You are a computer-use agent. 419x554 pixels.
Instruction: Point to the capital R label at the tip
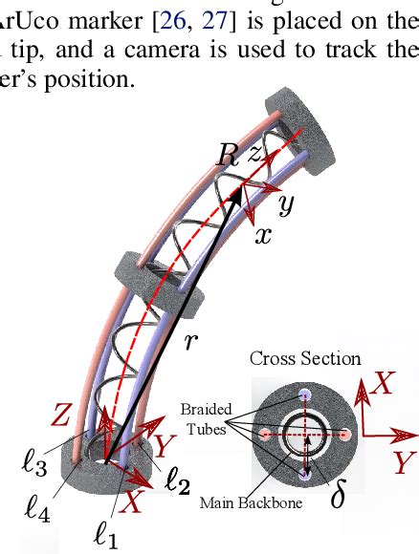(227, 157)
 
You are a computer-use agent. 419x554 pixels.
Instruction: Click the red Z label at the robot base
(60, 415)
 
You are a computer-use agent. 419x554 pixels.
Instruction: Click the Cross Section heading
(305, 359)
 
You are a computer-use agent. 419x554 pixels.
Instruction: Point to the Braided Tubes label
(207, 417)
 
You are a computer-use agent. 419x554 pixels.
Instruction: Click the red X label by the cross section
(384, 383)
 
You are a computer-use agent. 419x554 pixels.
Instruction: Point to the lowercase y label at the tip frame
(285, 203)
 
